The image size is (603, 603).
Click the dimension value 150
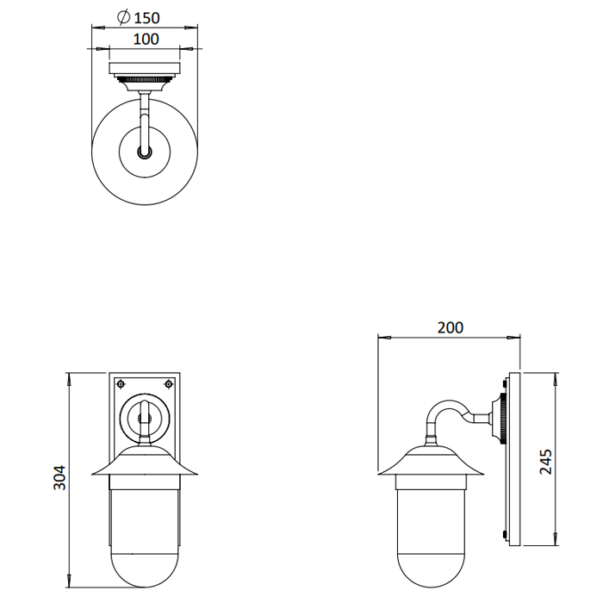tap(146, 18)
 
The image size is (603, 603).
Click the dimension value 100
tap(146, 40)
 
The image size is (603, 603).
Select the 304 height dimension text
tap(59, 477)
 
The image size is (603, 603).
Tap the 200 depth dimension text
tap(451, 327)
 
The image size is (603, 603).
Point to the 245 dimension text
tap(545, 462)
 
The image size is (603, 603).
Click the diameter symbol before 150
tap(123, 17)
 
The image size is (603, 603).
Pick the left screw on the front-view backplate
tap(121, 384)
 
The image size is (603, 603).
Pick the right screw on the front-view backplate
tap(168, 384)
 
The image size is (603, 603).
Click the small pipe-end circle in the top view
tap(145, 152)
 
